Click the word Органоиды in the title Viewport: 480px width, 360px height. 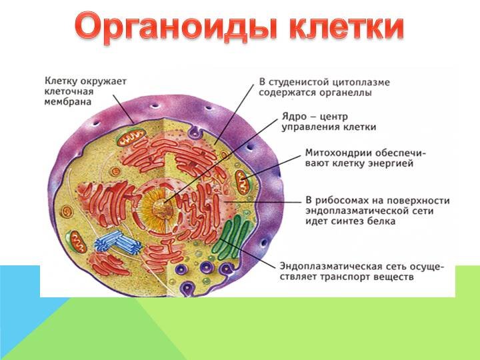pos(176,27)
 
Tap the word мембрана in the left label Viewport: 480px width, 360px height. pos(68,101)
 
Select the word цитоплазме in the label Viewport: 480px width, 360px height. pos(361,83)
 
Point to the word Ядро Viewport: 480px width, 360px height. pos(294,117)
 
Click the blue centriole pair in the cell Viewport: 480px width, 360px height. pos(118,242)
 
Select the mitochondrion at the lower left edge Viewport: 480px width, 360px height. pos(77,242)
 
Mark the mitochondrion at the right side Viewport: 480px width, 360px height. pos(243,182)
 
